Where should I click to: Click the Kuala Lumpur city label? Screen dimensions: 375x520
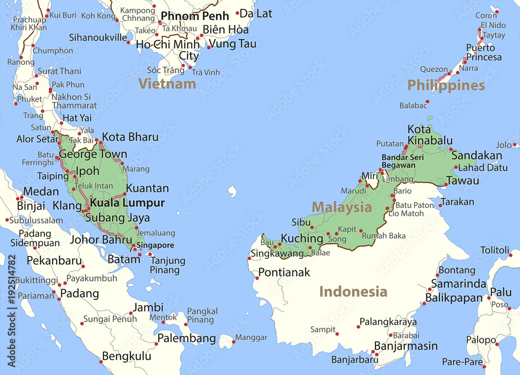pos(127,203)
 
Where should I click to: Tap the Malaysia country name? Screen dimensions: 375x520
pos(342,208)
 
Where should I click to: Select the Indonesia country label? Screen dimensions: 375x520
pos(353,291)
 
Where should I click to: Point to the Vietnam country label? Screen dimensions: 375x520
pos(167,83)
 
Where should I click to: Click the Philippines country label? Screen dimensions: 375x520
pos(446,85)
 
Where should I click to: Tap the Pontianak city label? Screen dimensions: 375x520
pos(284,272)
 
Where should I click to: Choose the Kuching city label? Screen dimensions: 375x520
pos(302,238)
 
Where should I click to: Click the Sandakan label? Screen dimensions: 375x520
pos(477,155)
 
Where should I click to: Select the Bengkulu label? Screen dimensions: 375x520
pos(126,356)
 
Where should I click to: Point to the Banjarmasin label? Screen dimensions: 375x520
pos(406,346)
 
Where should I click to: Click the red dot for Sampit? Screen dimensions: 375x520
pos(337,333)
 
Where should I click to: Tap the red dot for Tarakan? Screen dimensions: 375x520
pos(440,205)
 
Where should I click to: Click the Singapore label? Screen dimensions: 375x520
pos(155,245)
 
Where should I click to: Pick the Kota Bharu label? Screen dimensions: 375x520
pos(130,137)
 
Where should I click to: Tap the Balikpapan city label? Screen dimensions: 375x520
pos(454,298)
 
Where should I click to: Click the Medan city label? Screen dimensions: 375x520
pos(41,192)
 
